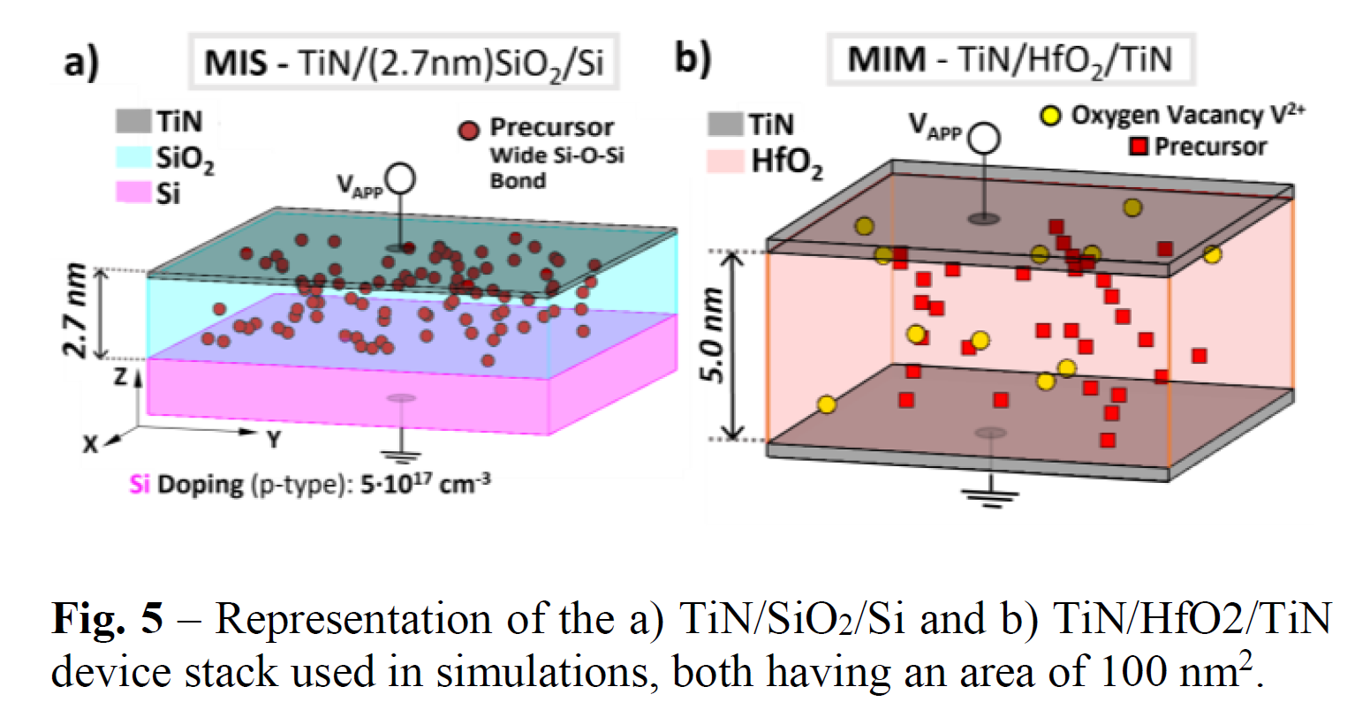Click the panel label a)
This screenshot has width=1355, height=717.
81,63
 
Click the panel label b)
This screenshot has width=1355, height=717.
692,59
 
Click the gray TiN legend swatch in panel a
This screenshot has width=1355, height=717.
133,121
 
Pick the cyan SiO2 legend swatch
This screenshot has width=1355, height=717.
133,157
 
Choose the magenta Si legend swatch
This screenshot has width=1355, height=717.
133,192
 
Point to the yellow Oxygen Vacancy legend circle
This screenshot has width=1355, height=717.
1049,116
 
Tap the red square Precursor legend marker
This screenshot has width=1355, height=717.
1139,147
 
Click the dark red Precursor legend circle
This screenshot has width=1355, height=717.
469,130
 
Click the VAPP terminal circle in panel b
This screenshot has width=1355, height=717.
984,139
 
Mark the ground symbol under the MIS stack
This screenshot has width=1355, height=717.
402,457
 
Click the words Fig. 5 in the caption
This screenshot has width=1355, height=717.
108,619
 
